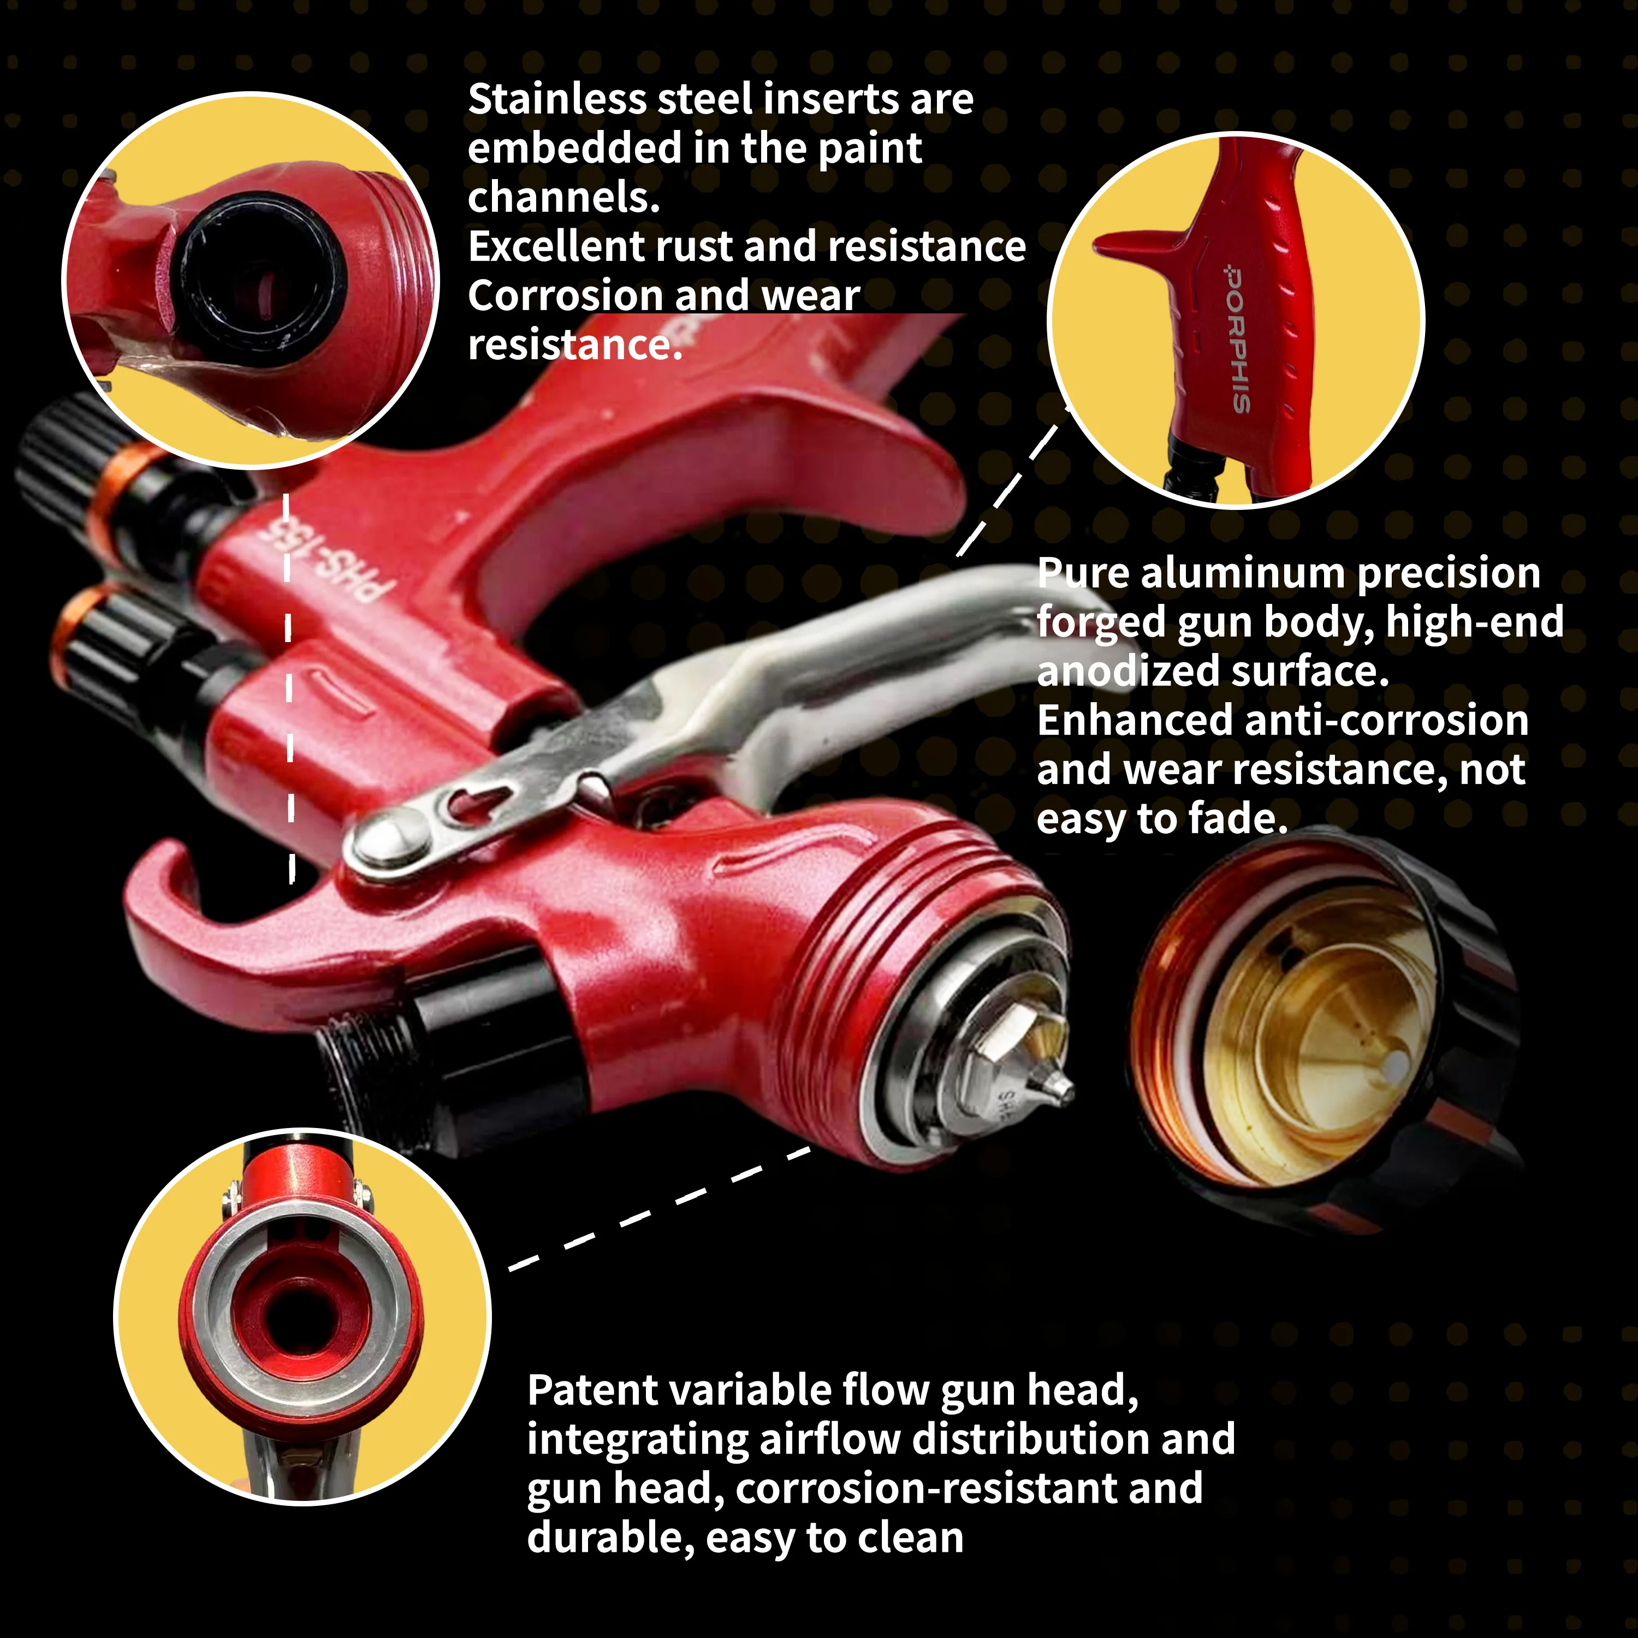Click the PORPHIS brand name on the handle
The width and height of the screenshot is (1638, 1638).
pyautogui.click(x=1237, y=339)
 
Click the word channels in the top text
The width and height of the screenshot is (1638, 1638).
pyautogui.click(x=563, y=198)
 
